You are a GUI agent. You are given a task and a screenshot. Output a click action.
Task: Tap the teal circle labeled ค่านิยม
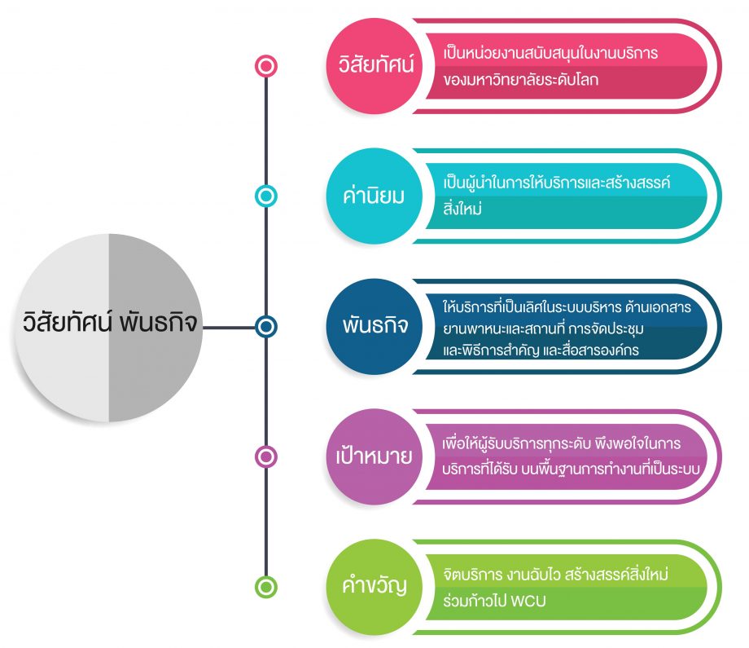pos(374,196)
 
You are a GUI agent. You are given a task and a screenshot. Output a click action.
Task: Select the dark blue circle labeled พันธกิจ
pos(374,327)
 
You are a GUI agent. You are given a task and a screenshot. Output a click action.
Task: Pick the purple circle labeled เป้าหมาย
pos(374,456)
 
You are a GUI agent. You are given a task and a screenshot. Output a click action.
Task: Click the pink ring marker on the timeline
pos(265,66)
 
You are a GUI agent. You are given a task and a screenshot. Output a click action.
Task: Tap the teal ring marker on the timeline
pos(265,196)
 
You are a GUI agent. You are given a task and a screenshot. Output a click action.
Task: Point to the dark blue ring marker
pos(265,327)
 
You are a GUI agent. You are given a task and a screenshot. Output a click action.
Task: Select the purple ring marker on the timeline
pos(265,456)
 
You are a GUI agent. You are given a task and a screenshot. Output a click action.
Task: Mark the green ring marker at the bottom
pos(265,586)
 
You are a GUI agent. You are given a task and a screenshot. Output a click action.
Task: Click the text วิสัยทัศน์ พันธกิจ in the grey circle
pos(109,325)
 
